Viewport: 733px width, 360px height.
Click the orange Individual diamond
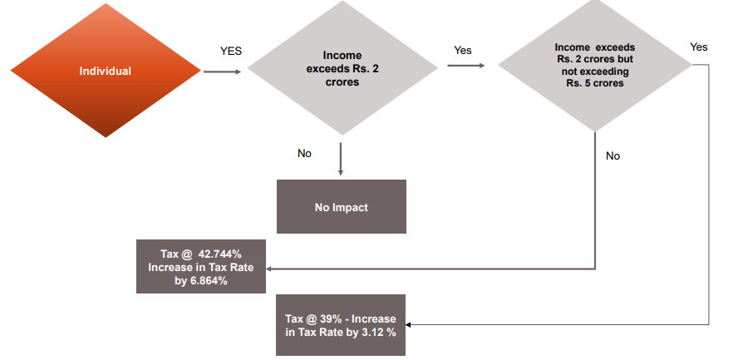(105, 71)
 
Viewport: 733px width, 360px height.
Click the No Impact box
(341, 207)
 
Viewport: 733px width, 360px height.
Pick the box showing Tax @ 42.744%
(200, 267)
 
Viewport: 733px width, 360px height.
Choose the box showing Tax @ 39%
(341, 325)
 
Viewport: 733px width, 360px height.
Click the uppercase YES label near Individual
(231, 51)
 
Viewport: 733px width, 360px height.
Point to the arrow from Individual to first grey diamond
(222, 72)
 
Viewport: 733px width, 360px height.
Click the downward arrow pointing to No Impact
(341, 159)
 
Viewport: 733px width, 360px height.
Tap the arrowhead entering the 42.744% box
(270, 269)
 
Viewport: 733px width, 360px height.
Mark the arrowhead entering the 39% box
(410, 325)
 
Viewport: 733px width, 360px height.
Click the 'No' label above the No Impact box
(305, 154)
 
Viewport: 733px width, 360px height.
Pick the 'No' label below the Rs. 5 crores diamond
(612, 155)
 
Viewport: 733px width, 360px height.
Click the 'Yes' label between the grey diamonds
(463, 51)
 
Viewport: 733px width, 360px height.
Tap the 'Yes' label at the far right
(699, 47)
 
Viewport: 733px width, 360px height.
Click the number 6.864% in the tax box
(208, 281)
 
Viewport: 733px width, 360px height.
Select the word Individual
(105, 71)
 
